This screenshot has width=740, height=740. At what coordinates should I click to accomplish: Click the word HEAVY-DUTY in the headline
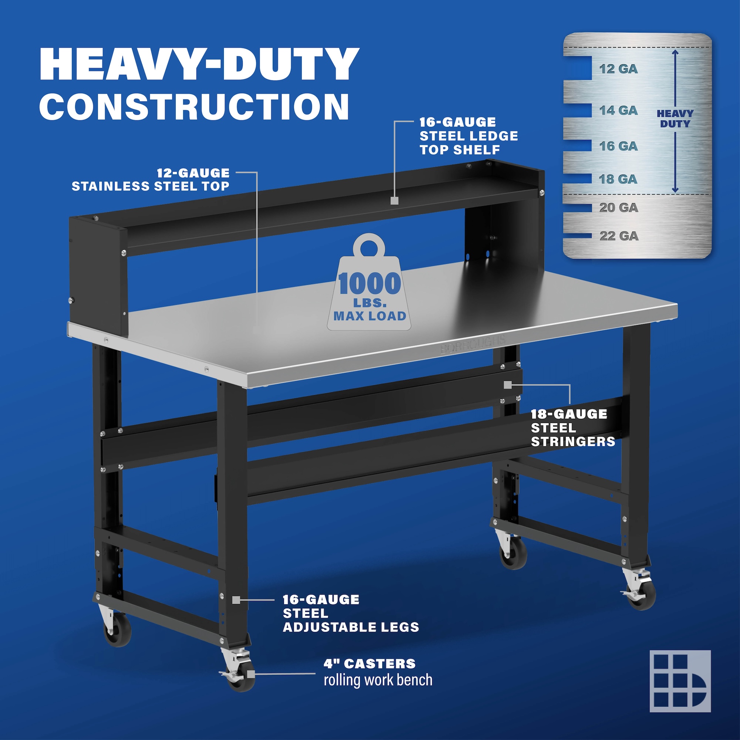coord(199,64)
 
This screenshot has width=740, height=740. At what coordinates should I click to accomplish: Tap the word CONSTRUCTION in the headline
coord(194,106)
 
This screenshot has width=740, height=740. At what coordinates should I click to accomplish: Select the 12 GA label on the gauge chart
coord(619,69)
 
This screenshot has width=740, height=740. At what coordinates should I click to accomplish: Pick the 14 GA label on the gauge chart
coord(619,111)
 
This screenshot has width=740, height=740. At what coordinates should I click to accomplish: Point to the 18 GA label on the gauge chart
coord(618,179)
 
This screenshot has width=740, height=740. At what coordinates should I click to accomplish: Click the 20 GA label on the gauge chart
coord(619,208)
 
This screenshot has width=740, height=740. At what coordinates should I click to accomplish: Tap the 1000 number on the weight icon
coord(370,284)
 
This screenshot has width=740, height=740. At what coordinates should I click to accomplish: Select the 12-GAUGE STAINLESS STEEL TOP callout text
coord(151,180)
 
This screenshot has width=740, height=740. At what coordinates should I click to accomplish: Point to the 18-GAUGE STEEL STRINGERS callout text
coord(573,428)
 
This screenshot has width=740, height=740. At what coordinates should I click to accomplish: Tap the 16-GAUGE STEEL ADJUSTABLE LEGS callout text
coord(351,613)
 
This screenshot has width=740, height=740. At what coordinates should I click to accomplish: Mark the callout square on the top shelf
coord(394,201)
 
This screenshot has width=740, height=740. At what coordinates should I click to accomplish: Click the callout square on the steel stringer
coord(508,385)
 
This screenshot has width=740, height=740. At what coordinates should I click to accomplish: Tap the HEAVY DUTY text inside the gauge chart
coord(675,119)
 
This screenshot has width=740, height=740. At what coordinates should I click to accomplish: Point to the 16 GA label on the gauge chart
coord(619,146)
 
